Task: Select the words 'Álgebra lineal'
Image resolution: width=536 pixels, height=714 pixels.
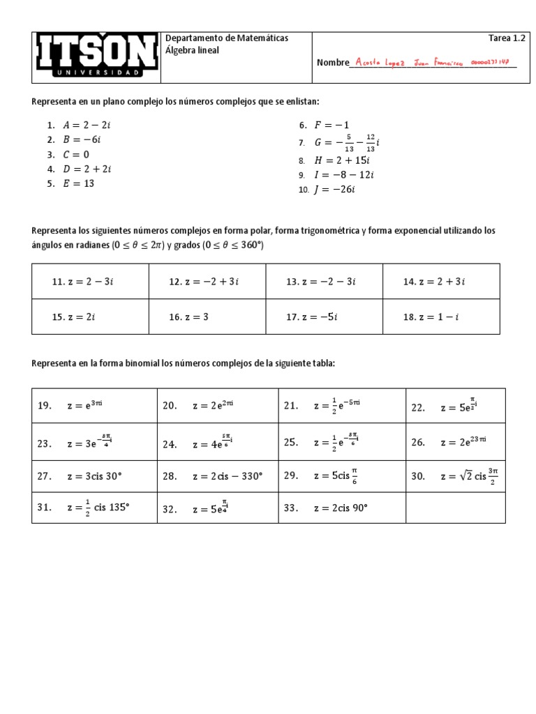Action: [x=192, y=50]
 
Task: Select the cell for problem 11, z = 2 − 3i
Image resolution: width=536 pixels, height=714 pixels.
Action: [x=90, y=282]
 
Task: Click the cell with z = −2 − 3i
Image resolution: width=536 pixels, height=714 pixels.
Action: [x=325, y=282]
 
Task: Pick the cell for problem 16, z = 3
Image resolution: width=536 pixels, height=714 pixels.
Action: [x=207, y=317]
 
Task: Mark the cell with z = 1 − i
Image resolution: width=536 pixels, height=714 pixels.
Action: [x=441, y=317]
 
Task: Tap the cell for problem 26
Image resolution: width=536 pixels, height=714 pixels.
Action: [x=456, y=442]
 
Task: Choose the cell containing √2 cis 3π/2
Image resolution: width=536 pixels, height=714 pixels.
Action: [x=456, y=477]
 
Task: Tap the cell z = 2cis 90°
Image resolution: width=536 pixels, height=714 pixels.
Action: [x=343, y=508]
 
